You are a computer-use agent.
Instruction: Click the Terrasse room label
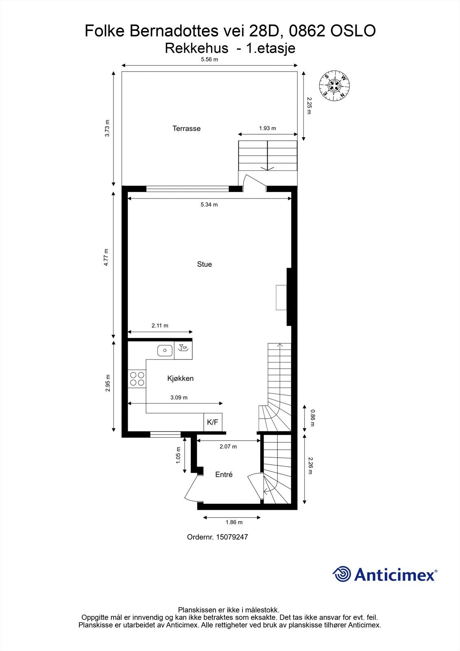point(186,129)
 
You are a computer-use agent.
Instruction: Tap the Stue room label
point(204,264)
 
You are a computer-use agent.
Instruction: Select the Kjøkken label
point(180,378)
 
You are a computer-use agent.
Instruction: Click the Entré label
point(224,474)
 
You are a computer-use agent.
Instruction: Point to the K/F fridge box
point(213,422)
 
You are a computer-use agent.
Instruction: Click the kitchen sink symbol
point(164,350)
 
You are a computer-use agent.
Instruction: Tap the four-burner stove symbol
point(137,378)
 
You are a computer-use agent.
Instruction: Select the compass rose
point(335,85)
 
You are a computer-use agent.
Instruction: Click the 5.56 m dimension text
point(209,59)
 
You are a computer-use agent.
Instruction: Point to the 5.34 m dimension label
point(209,205)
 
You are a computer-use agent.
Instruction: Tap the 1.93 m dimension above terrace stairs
point(267,128)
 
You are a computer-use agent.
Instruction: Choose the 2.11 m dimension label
point(160,325)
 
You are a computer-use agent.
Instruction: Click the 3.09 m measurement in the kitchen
point(179,398)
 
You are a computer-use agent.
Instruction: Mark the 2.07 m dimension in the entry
point(228,446)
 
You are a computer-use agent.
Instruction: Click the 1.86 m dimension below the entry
point(234,522)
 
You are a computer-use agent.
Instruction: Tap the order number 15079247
point(231,537)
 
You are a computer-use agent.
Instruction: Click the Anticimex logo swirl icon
point(342,574)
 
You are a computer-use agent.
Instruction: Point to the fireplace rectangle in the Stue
point(281,297)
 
